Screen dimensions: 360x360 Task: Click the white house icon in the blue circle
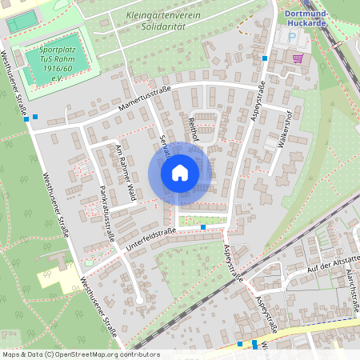(180, 173)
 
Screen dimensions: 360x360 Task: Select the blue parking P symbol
(292, 38)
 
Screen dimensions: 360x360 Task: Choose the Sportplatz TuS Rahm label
(60, 62)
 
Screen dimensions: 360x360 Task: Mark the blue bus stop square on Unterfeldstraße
(203, 227)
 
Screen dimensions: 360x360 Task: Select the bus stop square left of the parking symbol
(265, 58)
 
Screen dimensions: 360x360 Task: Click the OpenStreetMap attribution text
(80, 354)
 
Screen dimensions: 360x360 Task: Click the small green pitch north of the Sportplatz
(22, 22)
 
